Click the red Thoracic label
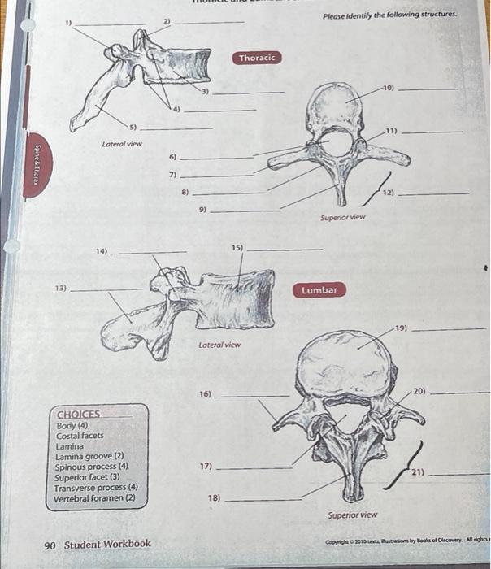258,58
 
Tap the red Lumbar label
319,290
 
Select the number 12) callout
390,193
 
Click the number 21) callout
417,472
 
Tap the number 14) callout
101,252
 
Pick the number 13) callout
61,289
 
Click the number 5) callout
134,127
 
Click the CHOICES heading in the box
79,413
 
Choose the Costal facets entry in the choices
80,436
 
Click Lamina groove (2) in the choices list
89,457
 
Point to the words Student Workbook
108,543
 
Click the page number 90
50,543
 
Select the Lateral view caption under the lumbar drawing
219,345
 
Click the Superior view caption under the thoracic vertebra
342,218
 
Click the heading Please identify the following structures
389,15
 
